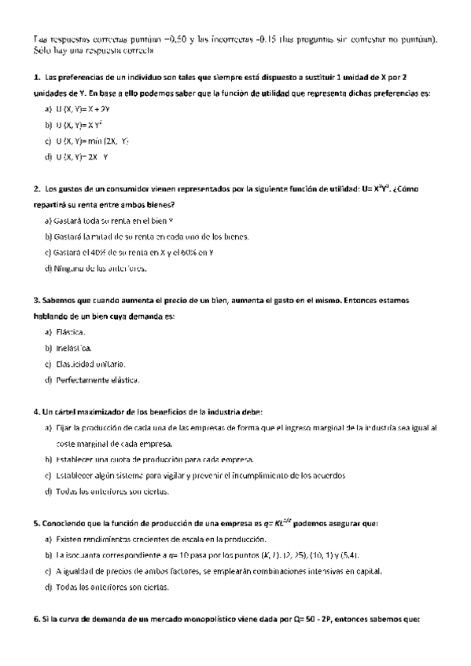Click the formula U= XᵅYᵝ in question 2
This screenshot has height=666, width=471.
(377, 188)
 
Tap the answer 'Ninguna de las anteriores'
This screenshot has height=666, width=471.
(96, 268)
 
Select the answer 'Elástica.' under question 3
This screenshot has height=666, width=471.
(72, 332)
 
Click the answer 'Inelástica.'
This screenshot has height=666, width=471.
(75, 348)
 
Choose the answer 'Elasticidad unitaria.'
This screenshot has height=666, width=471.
(91, 364)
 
